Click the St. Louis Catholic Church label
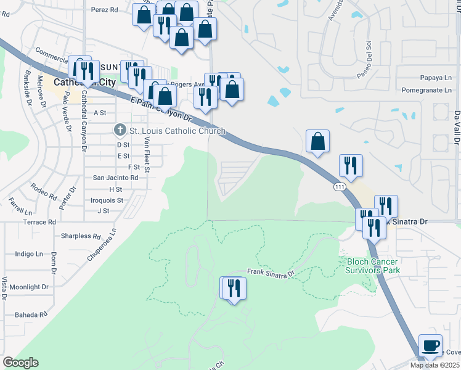pyautogui.click(x=177, y=131)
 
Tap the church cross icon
pyautogui.click(x=120, y=130)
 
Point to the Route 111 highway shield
pyautogui.click(x=339, y=186)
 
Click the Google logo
pyautogui.click(x=20, y=363)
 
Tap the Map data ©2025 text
pyautogui.click(x=434, y=365)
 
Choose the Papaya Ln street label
pyautogui.click(x=435, y=78)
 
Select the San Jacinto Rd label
pyautogui.click(x=115, y=178)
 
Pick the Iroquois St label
pyautogui.click(x=107, y=200)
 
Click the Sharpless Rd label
pyautogui.click(x=80, y=236)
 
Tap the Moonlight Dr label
pyautogui.click(x=29, y=287)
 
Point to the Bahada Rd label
pyautogui.click(x=33, y=314)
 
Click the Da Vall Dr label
pyautogui.click(x=457, y=128)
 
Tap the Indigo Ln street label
pyautogui.click(x=30, y=253)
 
